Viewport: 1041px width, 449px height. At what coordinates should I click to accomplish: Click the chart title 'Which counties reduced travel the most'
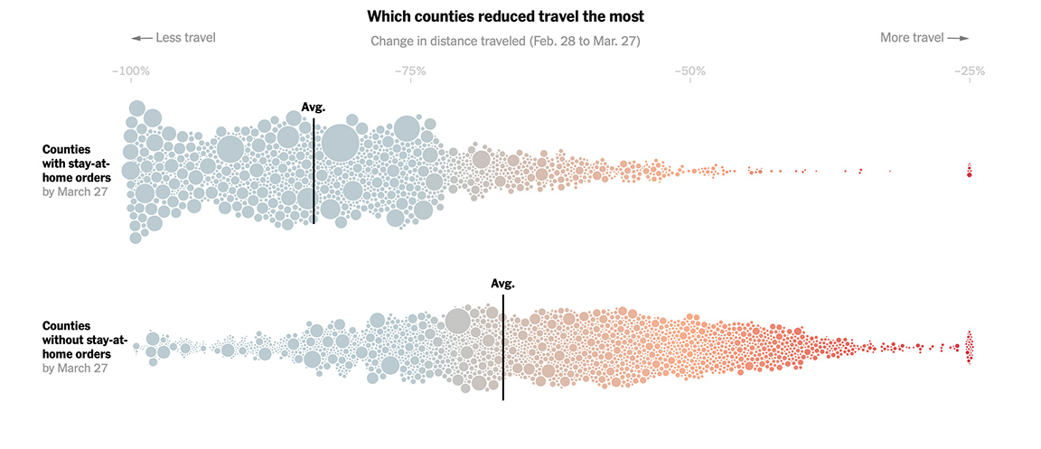click(x=505, y=16)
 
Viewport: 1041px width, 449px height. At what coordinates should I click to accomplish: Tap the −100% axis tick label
click(x=130, y=70)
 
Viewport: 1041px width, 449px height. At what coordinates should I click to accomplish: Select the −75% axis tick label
click(x=410, y=70)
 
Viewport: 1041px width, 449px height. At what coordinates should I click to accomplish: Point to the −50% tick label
click(x=689, y=70)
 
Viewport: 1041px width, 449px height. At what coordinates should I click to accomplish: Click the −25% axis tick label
click(x=970, y=70)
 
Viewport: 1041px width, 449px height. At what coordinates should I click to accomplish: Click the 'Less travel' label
click(x=185, y=38)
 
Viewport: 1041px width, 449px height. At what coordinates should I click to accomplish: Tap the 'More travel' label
click(x=912, y=38)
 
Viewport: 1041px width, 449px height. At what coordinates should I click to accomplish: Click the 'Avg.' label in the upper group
click(x=313, y=108)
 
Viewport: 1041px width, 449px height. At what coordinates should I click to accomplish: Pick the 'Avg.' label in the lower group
click(x=502, y=283)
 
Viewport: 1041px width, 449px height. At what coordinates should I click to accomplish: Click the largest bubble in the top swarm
click(x=340, y=143)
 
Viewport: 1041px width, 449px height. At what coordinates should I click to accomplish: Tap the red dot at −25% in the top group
click(x=969, y=174)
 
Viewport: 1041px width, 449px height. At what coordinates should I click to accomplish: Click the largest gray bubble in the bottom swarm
click(x=458, y=321)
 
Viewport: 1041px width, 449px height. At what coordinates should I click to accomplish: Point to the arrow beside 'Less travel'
click(x=141, y=38)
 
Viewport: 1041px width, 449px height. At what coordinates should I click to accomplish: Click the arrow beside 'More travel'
click(x=959, y=38)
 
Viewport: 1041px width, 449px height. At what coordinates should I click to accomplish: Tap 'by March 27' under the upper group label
click(x=76, y=192)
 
